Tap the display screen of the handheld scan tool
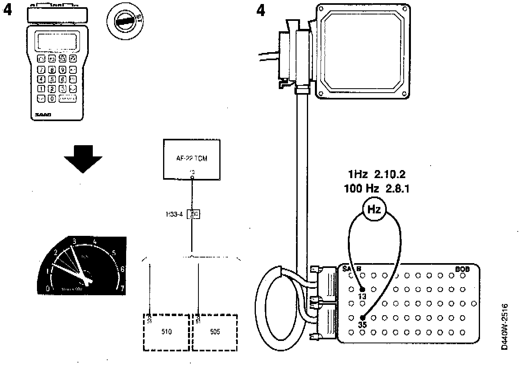57,41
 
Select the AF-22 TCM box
192,159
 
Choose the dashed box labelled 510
166,332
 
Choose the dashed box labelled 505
215,332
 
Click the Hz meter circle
374,209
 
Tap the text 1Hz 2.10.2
376,175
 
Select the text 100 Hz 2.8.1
376,189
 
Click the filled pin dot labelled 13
362,289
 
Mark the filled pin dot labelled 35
363,317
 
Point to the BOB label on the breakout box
462,269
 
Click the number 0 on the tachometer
48,288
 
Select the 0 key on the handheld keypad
52,98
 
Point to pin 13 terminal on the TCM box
192,177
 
